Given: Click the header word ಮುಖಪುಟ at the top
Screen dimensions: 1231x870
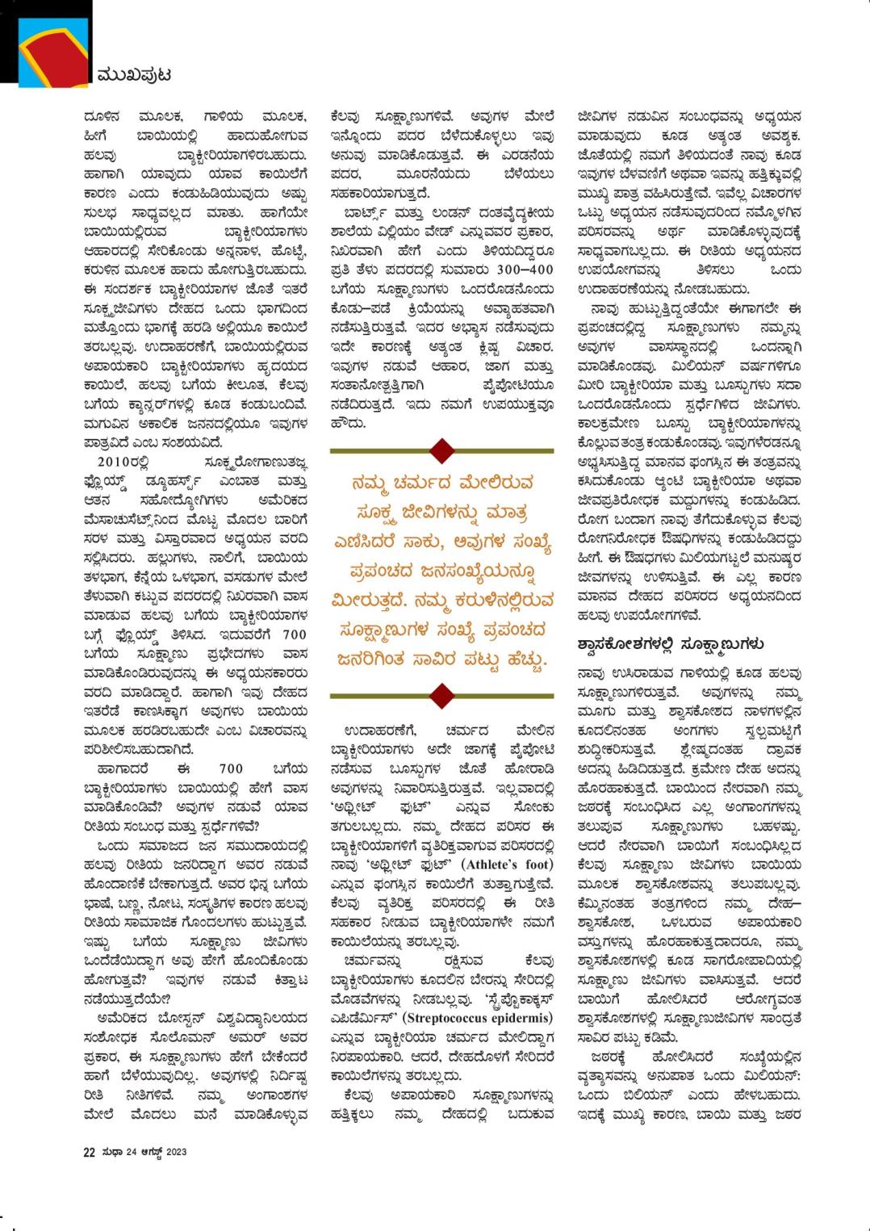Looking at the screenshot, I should [132, 75].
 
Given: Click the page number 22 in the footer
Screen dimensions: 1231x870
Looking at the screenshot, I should [89, 1152].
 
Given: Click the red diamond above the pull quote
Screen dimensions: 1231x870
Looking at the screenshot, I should [441, 450].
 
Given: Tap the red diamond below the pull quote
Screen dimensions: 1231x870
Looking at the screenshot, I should [441, 693].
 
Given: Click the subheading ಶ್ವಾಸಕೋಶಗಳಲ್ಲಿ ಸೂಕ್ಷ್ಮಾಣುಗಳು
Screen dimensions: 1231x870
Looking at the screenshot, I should [670, 644].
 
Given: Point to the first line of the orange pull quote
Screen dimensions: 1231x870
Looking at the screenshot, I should [442, 484].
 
